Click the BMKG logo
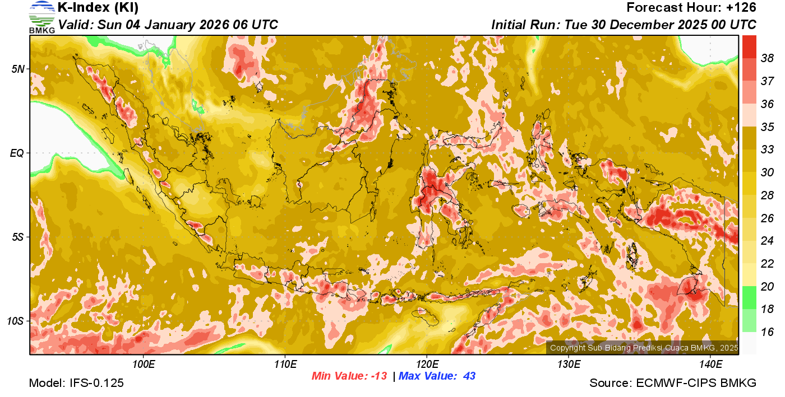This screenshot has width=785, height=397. click(x=41, y=17)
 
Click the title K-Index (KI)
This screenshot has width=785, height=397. click(x=98, y=8)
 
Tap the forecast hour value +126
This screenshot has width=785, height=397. click(x=741, y=8)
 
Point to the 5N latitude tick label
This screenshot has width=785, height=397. click(x=19, y=69)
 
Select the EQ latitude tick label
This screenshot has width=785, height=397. click(x=19, y=153)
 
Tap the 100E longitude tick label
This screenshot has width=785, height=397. click(x=144, y=365)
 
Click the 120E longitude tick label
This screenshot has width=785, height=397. click(x=427, y=365)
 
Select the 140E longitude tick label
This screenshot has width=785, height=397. click(x=710, y=365)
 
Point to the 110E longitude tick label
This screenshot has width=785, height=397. click(x=285, y=365)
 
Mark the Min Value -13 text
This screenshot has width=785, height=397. click(x=349, y=376)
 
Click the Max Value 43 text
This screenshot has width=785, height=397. click(x=437, y=376)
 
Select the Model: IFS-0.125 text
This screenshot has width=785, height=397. click(x=76, y=383)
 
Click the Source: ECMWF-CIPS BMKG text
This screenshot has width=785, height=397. click(x=673, y=383)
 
